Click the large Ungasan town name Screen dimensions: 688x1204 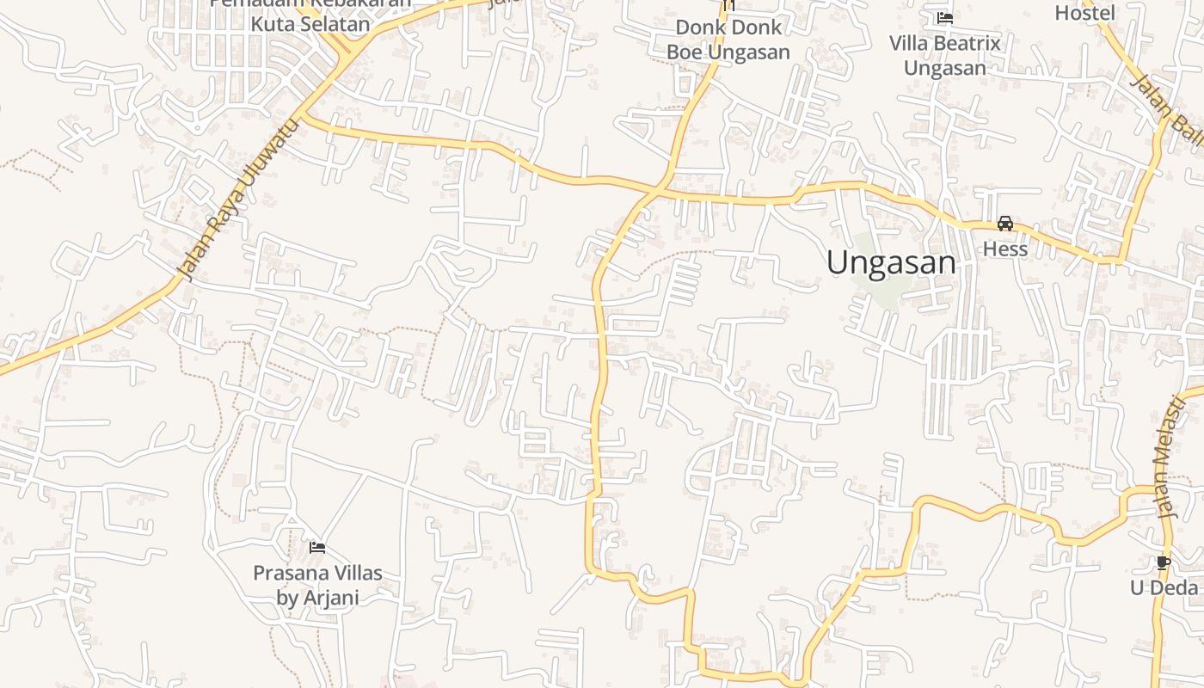[x=891, y=262]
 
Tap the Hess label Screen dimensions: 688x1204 [x=1005, y=249]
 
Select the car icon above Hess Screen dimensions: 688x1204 [x=1004, y=224]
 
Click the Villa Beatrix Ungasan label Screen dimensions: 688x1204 [x=944, y=55]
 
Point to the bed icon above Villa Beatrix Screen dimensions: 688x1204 [x=945, y=18]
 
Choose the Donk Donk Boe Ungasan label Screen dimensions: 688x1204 [x=728, y=40]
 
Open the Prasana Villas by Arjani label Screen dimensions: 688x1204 [x=317, y=585]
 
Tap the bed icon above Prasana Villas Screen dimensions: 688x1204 [x=317, y=547]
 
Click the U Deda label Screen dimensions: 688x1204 [x=1164, y=587]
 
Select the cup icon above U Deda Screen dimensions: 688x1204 [x=1164, y=563]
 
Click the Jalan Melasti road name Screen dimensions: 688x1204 [x=1166, y=456]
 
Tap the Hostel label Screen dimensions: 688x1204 [x=1084, y=13]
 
